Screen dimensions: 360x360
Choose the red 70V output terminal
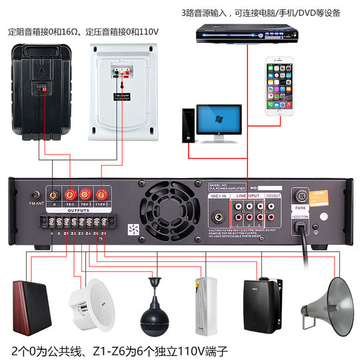tap(84, 194)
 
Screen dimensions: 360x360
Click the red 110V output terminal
tap(101, 194)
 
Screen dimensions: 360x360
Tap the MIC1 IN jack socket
tap(218, 216)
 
